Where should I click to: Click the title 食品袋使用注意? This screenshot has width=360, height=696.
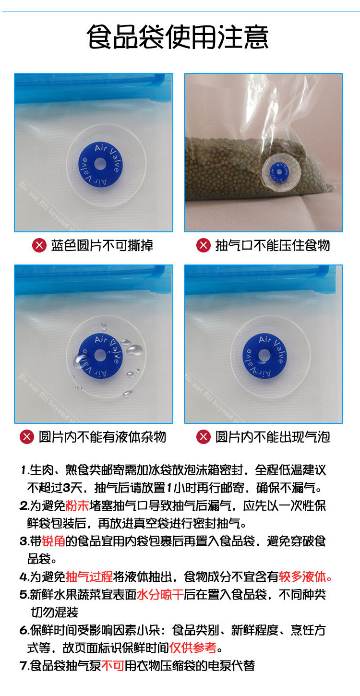point(177,37)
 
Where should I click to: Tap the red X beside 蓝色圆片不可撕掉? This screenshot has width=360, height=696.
point(39,245)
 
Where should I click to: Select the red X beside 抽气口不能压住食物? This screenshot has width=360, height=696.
point(204,245)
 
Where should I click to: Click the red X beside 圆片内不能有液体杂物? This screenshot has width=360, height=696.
point(27,437)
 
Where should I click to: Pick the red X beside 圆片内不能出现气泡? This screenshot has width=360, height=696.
point(204,437)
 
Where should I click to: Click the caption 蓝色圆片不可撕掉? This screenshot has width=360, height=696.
point(102,245)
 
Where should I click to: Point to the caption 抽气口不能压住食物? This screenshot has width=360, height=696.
point(273,245)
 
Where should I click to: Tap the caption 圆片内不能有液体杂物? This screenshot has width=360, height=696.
point(102,437)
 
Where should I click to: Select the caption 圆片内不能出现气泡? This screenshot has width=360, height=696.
point(273,437)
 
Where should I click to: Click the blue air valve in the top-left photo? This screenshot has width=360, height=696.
point(100,164)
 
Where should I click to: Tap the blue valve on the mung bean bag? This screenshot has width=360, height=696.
point(279,172)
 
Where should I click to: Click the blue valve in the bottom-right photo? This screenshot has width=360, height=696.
point(264,356)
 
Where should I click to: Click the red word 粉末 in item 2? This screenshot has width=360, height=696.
point(77,506)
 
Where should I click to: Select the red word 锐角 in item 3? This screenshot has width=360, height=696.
point(53,541)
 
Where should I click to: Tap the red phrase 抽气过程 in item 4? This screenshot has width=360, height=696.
point(89,576)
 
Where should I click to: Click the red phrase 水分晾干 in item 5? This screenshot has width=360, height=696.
point(160,594)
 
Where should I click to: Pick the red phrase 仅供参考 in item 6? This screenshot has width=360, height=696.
point(192,648)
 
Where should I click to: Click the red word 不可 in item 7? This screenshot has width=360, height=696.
point(113,666)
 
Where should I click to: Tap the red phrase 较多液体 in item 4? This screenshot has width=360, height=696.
point(302,576)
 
